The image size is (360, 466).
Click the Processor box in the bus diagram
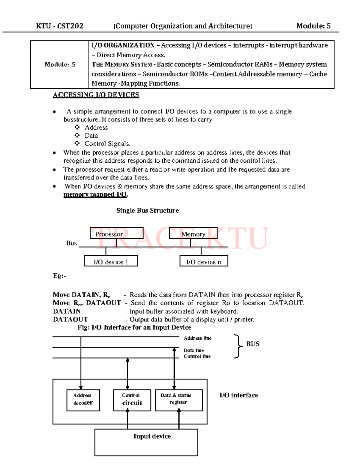[x=116, y=233]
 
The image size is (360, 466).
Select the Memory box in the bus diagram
[x=193, y=233]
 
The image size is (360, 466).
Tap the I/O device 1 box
[x=111, y=261]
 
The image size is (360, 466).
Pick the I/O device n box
[x=204, y=261]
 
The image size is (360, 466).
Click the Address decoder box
[x=83, y=400]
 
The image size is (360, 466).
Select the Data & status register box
[x=179, y=400]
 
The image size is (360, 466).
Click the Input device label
[x=152, y=436]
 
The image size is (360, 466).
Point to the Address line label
[x=198, y=338]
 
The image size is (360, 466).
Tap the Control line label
[x=197, y=356]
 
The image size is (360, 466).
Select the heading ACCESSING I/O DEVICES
[x=96, y=95]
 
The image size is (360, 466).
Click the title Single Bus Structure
[x=148, y=211]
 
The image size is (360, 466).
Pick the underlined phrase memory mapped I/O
[x=95, y=194]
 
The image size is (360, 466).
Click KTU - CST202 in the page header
[x=60, y=26]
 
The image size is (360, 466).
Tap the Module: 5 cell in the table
[x=60, y=65]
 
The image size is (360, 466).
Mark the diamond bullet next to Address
[x=77, y=127]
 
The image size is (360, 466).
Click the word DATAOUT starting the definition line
[x=70, y=319]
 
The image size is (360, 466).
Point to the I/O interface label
[x=239, y=395]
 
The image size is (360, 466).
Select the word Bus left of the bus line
[x=71, y=243]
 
